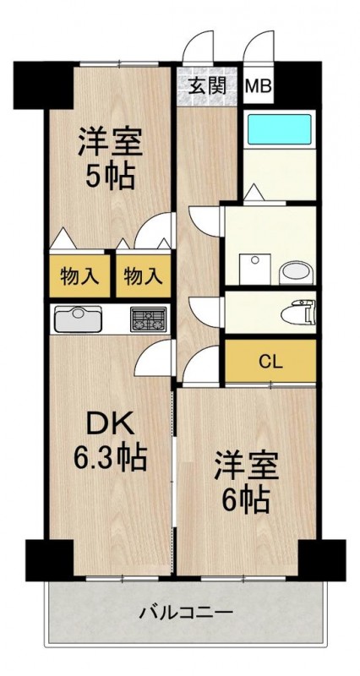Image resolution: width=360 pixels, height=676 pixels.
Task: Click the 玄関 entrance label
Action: [x=208, y=87]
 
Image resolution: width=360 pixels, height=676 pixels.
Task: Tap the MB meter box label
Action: [x=259, y=86]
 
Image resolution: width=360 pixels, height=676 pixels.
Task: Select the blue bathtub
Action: [x=280, y=129]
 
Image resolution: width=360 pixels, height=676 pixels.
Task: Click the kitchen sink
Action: [x=78, y=319]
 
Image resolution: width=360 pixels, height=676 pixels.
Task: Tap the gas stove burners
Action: [x=149, y=319]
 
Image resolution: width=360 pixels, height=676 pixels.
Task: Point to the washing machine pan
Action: [x=255, y=269]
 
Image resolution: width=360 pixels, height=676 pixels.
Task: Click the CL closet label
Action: [x=270, y=363]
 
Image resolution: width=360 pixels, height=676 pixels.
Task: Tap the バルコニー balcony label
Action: [x=186, y=612]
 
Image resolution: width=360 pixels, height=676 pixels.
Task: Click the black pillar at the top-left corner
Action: [x=43, y=85]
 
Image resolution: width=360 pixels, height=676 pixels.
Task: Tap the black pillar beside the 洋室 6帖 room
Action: [x=322, y=560]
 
